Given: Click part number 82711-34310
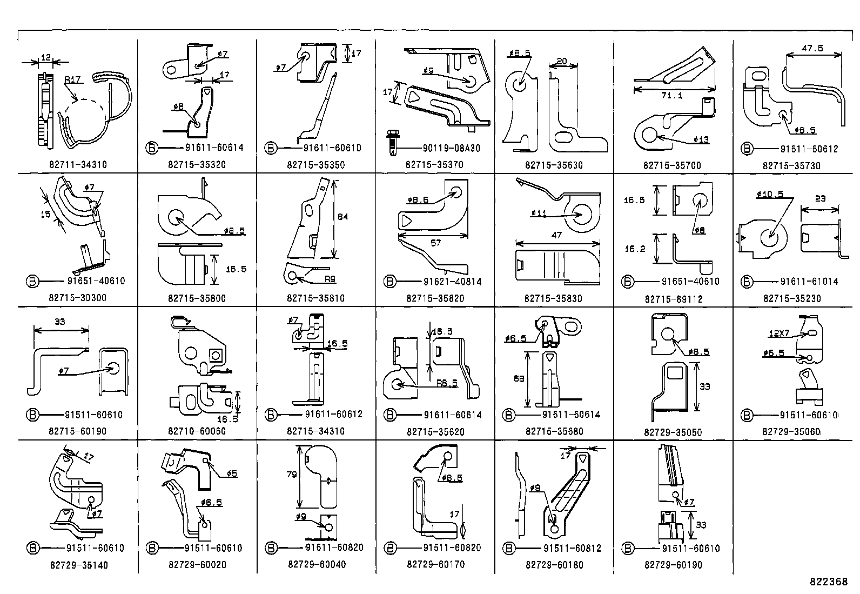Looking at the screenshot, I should coord(78,164).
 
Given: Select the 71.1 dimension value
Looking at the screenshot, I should coord(672,96).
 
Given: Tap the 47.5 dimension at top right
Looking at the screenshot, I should coord(812,48).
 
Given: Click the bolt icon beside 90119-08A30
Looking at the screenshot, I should coord(391,141).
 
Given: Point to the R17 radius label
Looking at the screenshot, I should coord(72,79).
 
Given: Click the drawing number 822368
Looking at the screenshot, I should coord(828,582).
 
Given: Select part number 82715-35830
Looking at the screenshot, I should coord(553,298).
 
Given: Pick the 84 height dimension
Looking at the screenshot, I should coord(342,217).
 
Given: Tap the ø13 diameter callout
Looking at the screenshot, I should coord(702,140).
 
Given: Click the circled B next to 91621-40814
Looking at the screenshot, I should coord(390,282).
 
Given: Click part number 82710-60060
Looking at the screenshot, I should coord(197,431).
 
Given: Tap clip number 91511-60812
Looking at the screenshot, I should coord(572,548).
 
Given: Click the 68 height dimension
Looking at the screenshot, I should coord(519,379).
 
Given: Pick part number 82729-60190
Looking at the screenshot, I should coord(673,565).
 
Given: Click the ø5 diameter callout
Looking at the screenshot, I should coord(231,473).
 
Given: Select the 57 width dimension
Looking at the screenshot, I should coord(435,243).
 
